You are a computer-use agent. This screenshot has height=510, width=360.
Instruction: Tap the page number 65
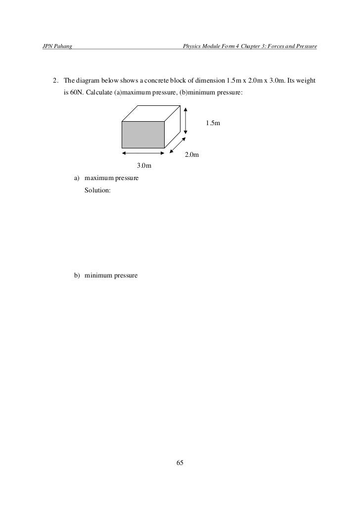tap(180, 463)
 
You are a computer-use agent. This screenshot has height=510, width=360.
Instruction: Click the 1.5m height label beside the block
tap(213, 122)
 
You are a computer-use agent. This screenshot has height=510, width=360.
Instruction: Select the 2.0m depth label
tap(192, 155)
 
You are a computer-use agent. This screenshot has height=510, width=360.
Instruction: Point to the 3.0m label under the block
tap(144, 165)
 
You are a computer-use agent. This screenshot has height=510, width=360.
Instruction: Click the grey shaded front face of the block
tap(143, 134)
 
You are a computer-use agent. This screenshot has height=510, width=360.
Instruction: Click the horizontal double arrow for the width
tap(142, 153)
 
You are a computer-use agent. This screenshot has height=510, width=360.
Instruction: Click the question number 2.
tap(56, 80)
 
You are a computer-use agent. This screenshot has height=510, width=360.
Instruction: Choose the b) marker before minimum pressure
tap(77, 275)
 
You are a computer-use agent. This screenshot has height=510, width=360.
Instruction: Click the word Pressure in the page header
tap(305, 46)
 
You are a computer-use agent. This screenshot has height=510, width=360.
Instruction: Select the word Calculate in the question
tap(99, 93)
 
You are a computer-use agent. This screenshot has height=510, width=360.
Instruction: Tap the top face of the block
tap(150, 113)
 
